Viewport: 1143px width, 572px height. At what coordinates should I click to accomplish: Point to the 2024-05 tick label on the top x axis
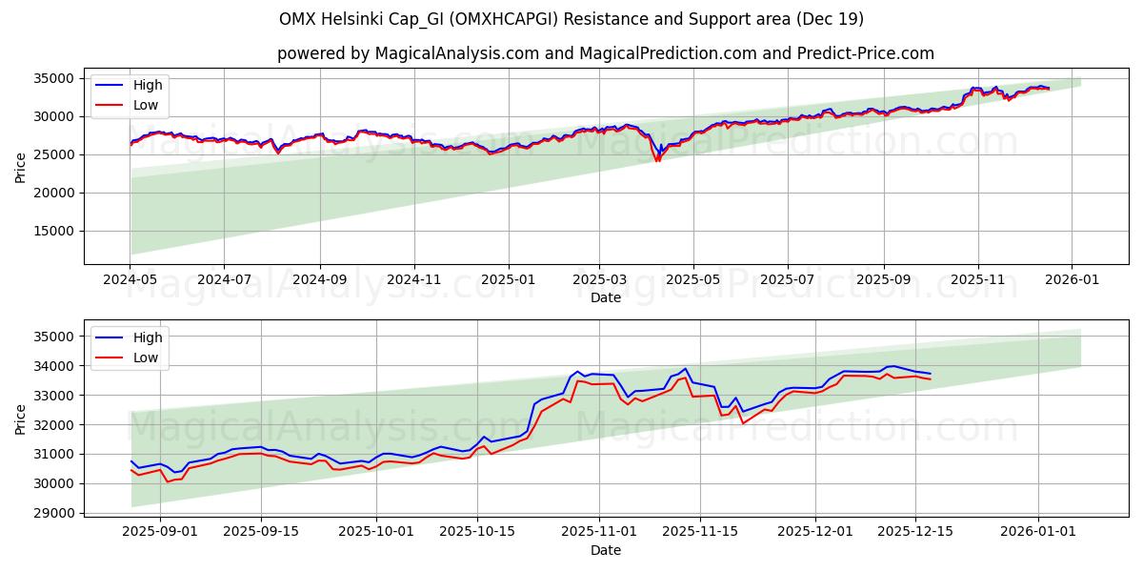pos(130,280)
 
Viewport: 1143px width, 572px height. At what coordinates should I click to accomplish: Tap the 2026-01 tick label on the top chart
pos(1072,280)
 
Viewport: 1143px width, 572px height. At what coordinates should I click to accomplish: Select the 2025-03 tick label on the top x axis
pos(599,280)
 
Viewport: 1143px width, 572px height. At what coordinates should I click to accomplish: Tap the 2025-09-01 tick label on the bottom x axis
pos(160,532)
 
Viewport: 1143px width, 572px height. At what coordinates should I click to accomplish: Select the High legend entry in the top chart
pos(148,85)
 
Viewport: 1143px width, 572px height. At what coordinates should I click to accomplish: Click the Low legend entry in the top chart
pos(146,105)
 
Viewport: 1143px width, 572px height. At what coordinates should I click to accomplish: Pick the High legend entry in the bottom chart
pos(148,337)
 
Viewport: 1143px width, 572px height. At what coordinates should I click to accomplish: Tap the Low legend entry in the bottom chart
pos(146,357)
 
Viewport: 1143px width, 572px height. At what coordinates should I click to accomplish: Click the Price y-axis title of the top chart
pos(21,167)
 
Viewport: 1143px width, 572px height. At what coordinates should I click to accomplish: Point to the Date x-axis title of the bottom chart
pos(606,550)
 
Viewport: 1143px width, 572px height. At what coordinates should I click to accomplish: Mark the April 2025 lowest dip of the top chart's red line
pos(657,161)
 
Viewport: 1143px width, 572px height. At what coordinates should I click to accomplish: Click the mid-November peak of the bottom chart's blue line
pos(685,369)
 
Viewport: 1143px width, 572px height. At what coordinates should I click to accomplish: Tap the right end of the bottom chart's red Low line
pos(930,379)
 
